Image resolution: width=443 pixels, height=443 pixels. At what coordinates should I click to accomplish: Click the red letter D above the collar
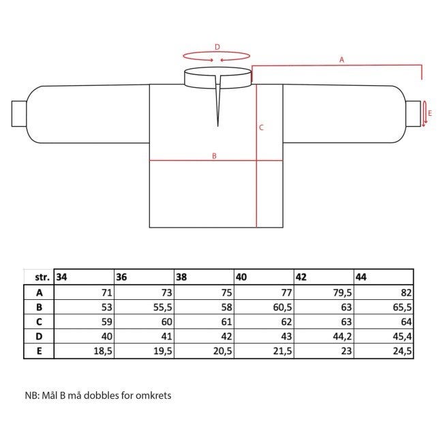(x=217, y=47)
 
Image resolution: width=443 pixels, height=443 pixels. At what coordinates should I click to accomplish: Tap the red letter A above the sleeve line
(x=341, y=60)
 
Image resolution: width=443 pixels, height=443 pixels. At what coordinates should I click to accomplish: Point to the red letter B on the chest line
(x=214, y=156)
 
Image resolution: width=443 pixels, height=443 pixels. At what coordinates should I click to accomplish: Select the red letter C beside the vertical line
(x=261, y=127)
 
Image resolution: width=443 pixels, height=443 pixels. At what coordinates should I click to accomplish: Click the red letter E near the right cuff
(x=430, y=113)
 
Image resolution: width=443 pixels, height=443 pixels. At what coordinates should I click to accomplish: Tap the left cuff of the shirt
(x=19, y=114)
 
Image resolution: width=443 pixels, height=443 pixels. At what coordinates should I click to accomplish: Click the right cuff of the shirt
(x=413, y=114)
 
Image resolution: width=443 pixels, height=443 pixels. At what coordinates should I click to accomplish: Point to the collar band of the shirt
(x=218, y=78)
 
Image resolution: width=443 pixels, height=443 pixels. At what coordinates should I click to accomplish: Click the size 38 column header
(x=181, y=277)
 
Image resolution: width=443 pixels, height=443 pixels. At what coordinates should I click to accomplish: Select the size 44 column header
(x=361, y=277)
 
